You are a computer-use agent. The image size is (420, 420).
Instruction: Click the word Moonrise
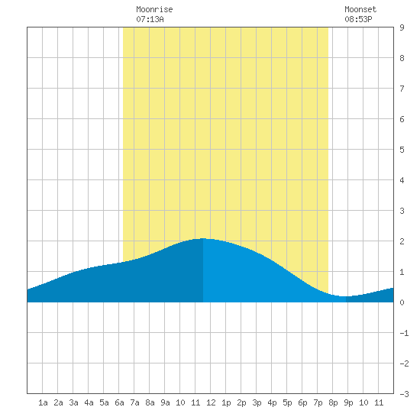pyautogui.click(x=154, y=9)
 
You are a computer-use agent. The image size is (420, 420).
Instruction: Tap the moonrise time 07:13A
pyautogui.click(x=150, y=19)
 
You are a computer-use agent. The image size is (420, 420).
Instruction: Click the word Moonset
pyautogui.click(x=360, y=9)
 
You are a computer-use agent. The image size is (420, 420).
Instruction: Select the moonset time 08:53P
pyautogui.click(x=358, y=19)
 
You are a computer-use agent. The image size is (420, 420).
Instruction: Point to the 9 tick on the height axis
pyautogui.click(x=402, y=27)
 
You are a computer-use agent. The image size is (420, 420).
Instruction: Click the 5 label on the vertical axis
pyautogui.click(x=402, y=150)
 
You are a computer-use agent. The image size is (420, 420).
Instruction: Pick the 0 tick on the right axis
pyautogui.click(x=402, y=302)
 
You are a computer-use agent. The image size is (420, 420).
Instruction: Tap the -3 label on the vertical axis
pyautogui.click(x=404, y=394)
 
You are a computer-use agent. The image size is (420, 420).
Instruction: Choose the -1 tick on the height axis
pyautogui.click(x=404, y=333)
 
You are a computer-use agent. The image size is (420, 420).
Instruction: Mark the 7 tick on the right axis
pyautogui.click(x=402, y=89)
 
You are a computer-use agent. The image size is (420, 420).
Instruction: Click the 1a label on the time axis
pyautogui.click(x=43, y=402)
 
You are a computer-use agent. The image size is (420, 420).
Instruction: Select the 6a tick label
pyautogui.click(x=119, y=402)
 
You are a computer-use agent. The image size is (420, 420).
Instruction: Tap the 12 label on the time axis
pyautogui.click(x=211, y=402)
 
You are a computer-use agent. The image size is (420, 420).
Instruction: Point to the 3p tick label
pyautogui.click(x=257, y=402)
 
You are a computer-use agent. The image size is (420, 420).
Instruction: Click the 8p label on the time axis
pyautogui.click(x=333, y=402)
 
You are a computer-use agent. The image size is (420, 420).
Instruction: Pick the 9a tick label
pyautogui.click(x=165, y=402)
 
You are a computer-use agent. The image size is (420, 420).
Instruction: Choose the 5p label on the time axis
pyautogui.click(x=287, y=402)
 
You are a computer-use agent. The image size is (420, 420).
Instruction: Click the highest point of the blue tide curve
pyautogui.click(x=203, y=238)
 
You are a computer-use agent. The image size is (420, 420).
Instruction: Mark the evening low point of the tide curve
pyautogui.click(x=344, y=296)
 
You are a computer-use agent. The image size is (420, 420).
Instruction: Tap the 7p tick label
pyautogui.click(x=318, y=402)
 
